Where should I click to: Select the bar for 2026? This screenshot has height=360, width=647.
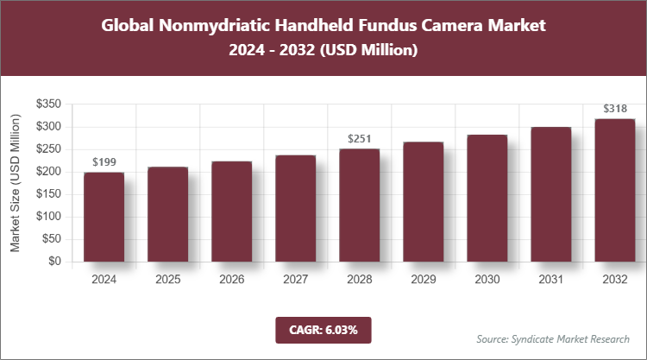[x=231, y=211]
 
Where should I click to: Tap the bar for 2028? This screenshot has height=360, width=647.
[x=359, y=205]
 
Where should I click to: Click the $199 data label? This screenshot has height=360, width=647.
[x=104, y=161]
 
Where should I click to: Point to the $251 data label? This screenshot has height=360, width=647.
[x=359, y=138]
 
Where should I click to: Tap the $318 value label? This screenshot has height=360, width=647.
[x=614, y=109]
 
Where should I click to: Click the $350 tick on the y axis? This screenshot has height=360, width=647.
[x=47, y=104]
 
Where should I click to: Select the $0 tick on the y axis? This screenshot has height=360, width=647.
[x=53, y=261]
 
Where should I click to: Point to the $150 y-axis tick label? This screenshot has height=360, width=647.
[x=47, y=193]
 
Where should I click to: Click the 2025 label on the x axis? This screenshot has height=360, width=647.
[x=167, y=279]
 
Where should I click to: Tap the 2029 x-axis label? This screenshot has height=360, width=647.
[x=423, y=279]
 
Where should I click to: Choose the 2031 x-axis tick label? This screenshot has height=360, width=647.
[x=550, y=279]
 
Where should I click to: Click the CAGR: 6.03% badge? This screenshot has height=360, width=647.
[x=323, y=330]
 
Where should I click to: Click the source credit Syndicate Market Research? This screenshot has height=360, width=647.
[x=553, y=338]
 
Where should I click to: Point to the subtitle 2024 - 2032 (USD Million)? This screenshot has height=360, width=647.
[x=323, y=51]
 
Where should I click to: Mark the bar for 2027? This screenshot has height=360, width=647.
[x=295, y=208]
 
